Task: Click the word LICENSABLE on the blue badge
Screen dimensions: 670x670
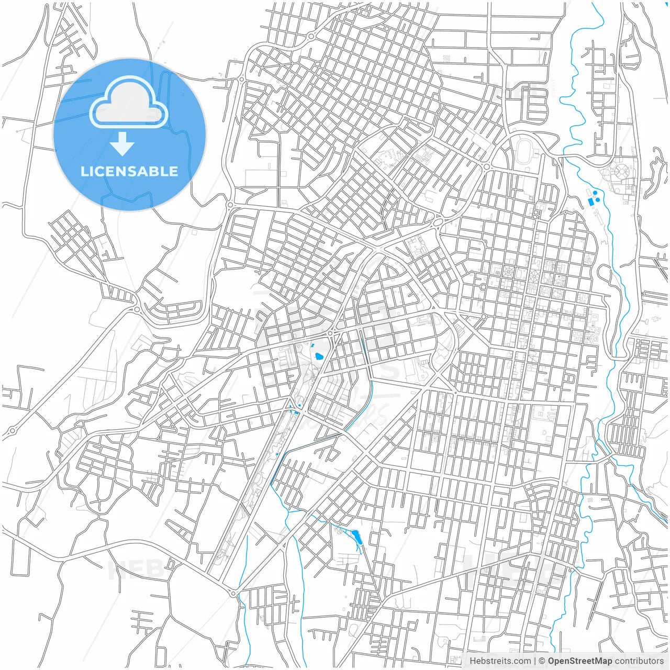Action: point(129,172)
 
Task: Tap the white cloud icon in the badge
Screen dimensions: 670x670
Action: point(129,103)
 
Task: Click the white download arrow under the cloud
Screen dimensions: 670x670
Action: point(122,144)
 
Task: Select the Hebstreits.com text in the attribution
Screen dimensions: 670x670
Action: point(500,661)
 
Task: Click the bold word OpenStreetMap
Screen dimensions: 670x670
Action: point(580,661)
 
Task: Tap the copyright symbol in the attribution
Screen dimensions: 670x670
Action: point(542,661)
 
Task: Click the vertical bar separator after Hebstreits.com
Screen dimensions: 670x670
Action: point(535,661)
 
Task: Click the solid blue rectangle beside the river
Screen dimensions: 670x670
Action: point(591,202)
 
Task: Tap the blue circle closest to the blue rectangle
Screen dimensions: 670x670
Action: point(597,199)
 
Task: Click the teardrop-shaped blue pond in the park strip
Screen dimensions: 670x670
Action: point(318,357)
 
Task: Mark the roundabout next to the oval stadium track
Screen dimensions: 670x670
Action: point(486,166)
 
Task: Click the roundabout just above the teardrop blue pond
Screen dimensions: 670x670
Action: point(330,333)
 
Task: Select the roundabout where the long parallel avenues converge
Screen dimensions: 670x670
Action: point(233,593)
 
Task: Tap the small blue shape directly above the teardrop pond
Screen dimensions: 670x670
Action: point(312,347)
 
